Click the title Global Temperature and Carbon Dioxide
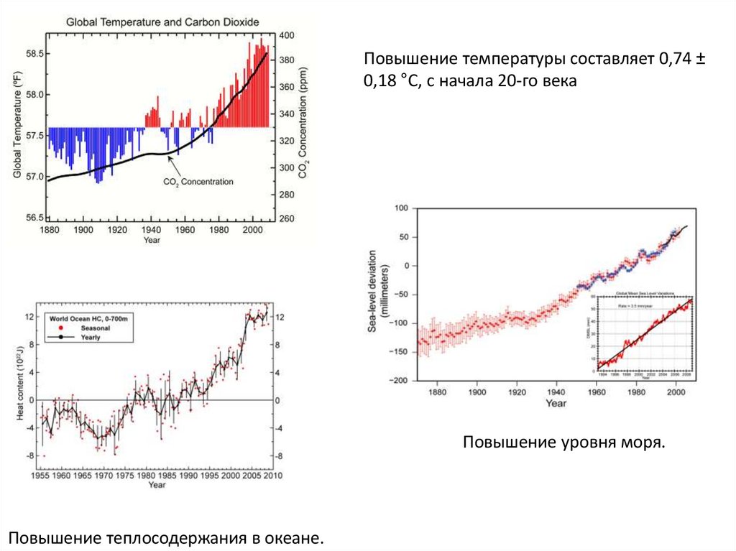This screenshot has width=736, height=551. [162, 22]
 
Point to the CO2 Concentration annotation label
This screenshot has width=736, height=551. [198, 182]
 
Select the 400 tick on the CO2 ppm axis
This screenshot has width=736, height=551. [286, 35]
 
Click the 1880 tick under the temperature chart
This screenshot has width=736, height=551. [50, 230]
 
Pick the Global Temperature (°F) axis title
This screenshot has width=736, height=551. [19, 126]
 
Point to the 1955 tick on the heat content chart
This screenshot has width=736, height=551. [40, 475]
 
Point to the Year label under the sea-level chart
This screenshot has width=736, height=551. [556, 404]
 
